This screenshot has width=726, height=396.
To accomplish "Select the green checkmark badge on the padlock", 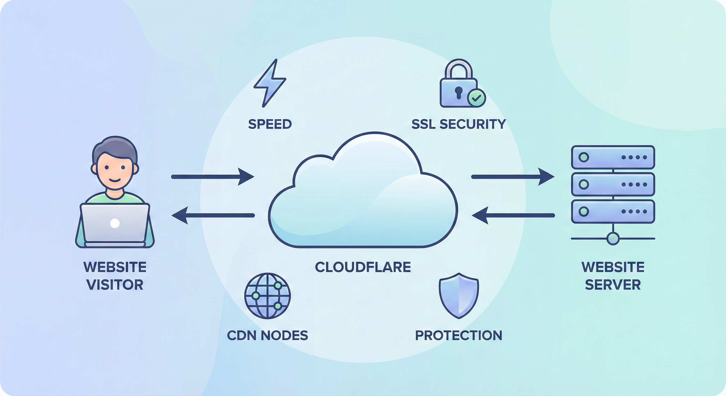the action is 476,98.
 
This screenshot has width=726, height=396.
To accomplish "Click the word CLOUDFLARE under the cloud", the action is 363,267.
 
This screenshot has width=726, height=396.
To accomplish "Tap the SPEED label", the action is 270,124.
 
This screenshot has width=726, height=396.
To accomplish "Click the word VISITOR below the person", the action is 115,285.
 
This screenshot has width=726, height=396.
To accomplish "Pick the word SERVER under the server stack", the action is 613,285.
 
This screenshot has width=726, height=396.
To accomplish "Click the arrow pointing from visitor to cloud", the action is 213,177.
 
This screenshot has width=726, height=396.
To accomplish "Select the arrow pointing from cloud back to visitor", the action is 213,215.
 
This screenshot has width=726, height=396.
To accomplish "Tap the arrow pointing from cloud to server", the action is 513,177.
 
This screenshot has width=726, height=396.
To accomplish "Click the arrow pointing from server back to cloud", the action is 513,215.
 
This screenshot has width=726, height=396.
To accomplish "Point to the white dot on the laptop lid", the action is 115,223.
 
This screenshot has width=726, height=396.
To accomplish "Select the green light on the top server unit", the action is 583,157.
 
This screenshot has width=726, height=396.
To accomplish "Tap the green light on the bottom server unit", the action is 583,211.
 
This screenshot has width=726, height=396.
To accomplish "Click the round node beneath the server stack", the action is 613,238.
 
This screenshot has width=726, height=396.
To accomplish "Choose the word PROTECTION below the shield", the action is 459,335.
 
